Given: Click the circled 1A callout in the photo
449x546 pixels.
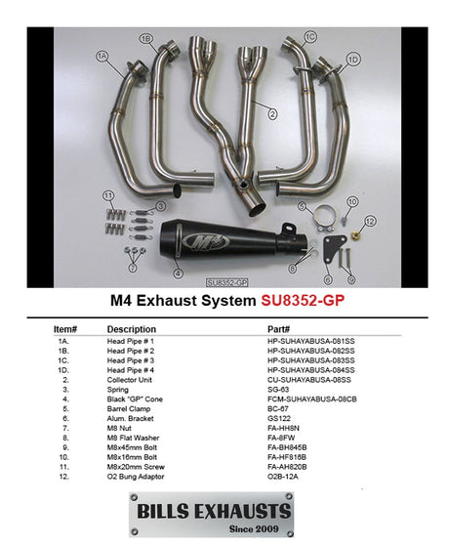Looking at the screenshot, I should pos(102,58).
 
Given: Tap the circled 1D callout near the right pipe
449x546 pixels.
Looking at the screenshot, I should pos(353,60).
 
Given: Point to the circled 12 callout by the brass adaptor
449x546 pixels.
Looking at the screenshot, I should pos(371,222).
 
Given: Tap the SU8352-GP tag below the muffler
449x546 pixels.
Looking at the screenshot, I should pos(226,281).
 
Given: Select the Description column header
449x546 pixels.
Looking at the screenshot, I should pos(132,329).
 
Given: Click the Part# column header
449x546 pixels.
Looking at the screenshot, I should pos(279,329).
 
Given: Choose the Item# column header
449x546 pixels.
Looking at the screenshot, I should pos(65,329).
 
